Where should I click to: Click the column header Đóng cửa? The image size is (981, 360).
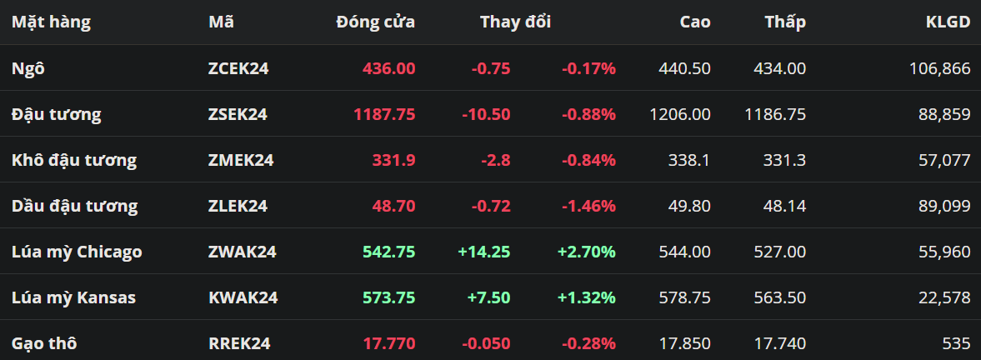(375, 22)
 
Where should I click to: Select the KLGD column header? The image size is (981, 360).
(948, 22)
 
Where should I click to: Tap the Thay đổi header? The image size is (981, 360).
(516, 22)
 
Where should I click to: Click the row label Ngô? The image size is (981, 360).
(28, 68)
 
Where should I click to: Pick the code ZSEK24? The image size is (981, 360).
(238, 114)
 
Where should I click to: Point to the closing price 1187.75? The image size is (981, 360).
(384, 114)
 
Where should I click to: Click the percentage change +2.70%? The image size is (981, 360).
(586, 252)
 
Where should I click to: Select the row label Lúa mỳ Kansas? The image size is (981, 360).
(74, 298)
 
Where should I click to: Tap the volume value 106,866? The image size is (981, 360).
(939, 68)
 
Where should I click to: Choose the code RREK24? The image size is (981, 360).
(239, 343)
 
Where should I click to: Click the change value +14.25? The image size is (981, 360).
(483, 252)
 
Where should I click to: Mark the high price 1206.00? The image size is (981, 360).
(679, 114)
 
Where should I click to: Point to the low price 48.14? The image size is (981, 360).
(784, 207)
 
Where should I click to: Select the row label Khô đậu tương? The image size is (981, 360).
(74, 161)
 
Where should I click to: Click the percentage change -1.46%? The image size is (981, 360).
(588, 207)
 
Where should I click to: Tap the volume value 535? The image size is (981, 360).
(957, 343)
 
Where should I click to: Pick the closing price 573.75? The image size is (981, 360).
(389, 298)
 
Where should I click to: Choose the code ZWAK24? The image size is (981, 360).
(242, 252)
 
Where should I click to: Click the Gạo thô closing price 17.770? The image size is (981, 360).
(389, 343)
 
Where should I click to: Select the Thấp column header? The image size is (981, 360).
(785, 22)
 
